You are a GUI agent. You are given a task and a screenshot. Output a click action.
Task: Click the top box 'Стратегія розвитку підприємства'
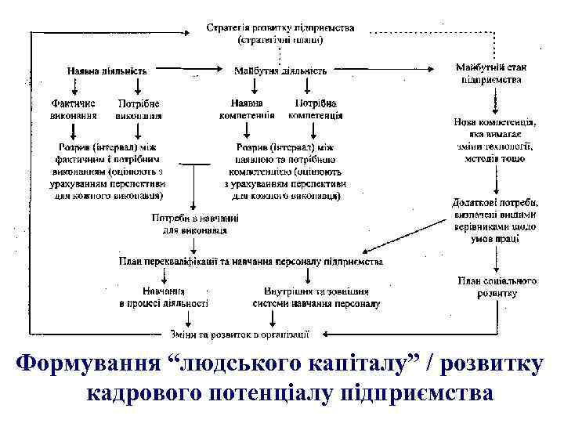280,33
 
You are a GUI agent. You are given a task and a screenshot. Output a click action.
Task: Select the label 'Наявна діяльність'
107,70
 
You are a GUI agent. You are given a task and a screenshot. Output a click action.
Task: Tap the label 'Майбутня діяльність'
280,70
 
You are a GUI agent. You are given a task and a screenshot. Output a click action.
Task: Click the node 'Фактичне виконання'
75,108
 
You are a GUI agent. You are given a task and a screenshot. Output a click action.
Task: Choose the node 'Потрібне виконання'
139,108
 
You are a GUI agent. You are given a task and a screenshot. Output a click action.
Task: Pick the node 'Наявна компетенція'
247,108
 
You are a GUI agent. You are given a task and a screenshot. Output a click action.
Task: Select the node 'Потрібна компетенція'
316,108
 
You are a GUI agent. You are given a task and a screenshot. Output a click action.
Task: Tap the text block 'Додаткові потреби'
494,220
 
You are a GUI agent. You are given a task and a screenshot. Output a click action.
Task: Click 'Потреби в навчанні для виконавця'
195,224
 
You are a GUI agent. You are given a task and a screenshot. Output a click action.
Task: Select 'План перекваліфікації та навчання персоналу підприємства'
251,261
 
